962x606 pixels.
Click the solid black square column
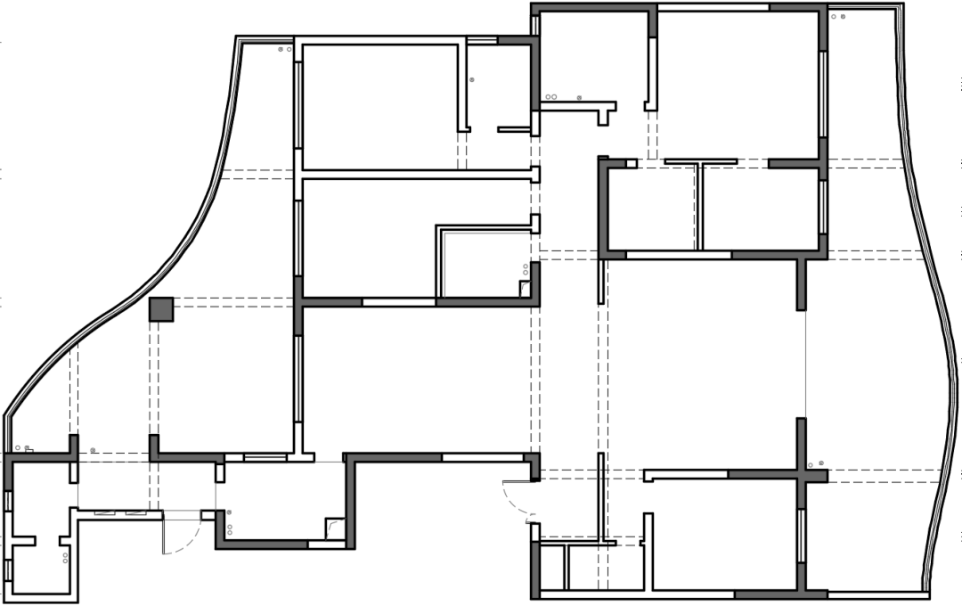tap(161, 309)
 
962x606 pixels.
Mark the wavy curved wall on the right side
tap(936, 356)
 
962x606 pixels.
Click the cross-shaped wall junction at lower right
tap(802, 474)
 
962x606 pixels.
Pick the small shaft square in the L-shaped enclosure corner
tap(526, 288)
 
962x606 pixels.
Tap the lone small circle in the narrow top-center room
tap(471, 80)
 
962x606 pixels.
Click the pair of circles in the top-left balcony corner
tap(284, 50)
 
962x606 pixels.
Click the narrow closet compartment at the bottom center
tap(553, 568)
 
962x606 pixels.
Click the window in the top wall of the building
tap(713, 7)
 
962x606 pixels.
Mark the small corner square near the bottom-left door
tap(334, 528)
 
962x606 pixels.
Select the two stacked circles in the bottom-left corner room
tap(65, 558)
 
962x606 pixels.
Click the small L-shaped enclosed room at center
tap(481, 263)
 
